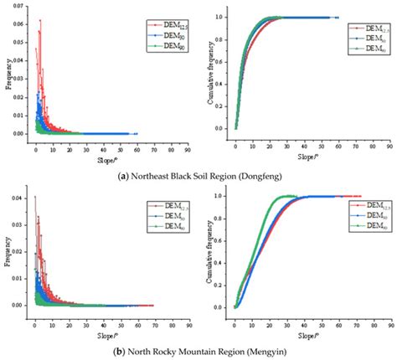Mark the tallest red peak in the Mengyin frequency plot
34,198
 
